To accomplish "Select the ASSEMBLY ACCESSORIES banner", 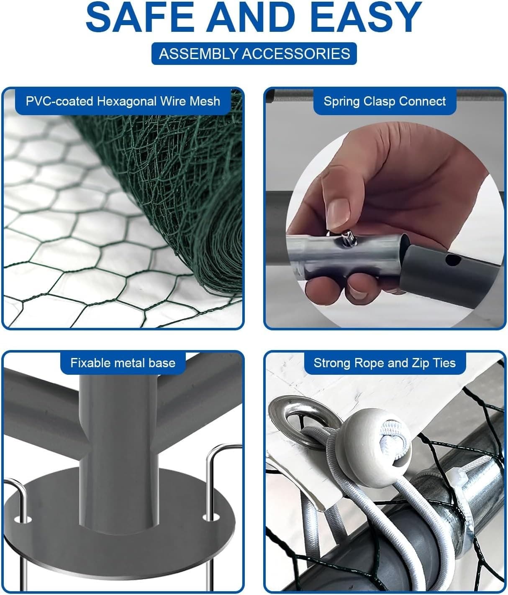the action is point(254,54).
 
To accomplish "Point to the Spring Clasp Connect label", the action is point(385,101).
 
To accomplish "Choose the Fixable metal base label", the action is point(123,363).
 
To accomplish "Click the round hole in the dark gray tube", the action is point(453,260).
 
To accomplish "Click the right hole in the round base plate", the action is point(211,518).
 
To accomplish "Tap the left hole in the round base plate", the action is point(23,520).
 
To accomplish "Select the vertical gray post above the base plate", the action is point(118,449).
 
